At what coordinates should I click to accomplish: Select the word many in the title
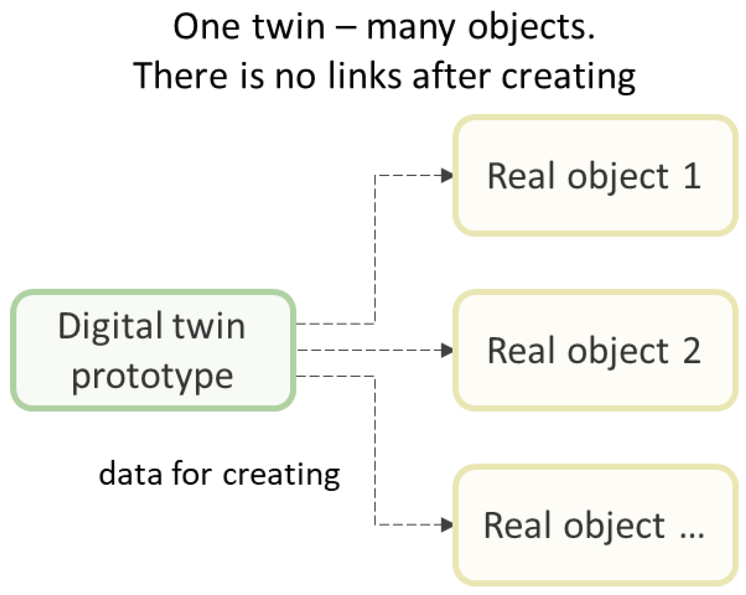click(411, 28)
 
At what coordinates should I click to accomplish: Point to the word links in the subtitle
click(364, 75)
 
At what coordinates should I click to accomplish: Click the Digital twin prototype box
click(153, 350)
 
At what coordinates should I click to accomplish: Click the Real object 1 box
click(595, 175)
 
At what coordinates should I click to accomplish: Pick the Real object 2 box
click(595, 350)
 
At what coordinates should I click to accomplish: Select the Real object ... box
click(595, 525)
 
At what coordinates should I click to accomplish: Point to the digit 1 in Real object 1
click(692, 176)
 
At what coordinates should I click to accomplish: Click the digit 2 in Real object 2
click(692, 350)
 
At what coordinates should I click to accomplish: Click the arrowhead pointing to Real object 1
click(447, 175)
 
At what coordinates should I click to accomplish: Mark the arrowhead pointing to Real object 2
click(447, 350)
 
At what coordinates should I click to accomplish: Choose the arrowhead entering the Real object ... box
click(447, 525)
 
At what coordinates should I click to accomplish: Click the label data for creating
click(219, 474)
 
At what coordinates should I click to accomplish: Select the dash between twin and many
click(345, 28)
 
